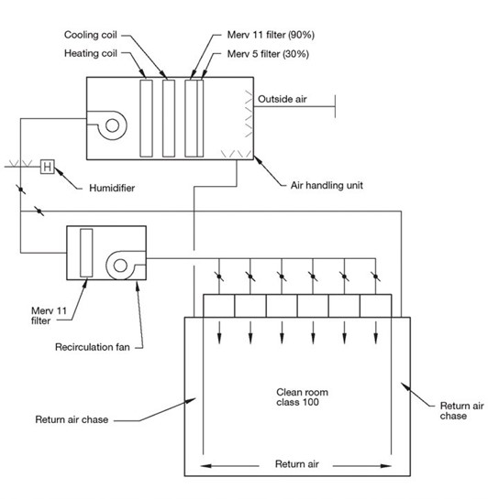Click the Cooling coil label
pos(91,35)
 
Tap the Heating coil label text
pos(91,53)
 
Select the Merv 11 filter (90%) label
pos(271,35)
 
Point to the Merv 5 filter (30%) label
pos(268,54)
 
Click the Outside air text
pos(283,99)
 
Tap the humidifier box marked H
pos(47,167)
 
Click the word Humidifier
pos(112,188)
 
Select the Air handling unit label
pos(327,185)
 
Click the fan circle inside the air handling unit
pos(112,125)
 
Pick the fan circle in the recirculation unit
pos(120,266)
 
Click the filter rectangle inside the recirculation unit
pos(86,253)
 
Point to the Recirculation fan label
pos(93,347)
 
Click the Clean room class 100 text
pos(302,396)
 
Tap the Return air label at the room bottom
pos(297,464)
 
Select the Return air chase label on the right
pos(461,410)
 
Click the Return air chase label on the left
pos(72,419)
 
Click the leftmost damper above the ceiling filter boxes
pos(219,277)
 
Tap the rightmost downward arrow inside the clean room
pos(376,332)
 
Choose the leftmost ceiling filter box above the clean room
pos(219,306)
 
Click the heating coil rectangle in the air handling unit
pos(146,118)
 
